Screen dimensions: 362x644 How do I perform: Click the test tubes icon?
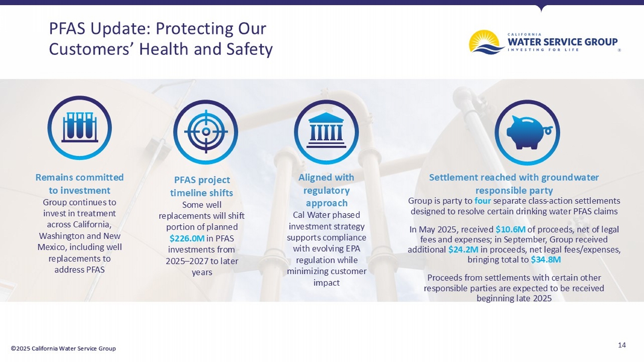point(79,128)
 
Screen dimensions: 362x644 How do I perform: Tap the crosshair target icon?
point(206,132)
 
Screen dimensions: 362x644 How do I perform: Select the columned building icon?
point(326,132)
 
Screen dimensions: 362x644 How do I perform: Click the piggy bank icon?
point(527,132)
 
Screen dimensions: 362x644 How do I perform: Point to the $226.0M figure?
point(187,238)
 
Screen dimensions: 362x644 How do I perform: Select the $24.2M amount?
point(463,250)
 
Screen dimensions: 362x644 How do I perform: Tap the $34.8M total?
point(546,259)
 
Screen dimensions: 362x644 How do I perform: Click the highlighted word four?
point(482,201)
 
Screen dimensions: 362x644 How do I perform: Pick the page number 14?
point(621,345)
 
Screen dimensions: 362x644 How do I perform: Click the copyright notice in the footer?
point(63,348)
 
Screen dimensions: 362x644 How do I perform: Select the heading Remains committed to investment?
point(79,184)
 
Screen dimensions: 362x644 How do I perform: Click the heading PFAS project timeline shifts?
point(202,186)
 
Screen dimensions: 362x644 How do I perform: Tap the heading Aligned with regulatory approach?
point(326,190)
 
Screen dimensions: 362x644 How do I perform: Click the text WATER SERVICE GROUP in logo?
point(562,42)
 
